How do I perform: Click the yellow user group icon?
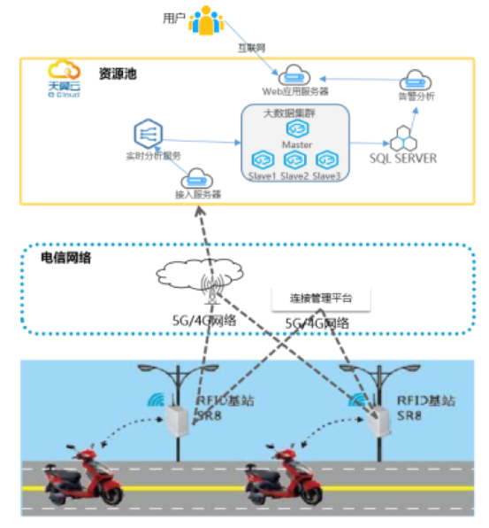coord(205,21)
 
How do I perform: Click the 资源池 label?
coord(118,74)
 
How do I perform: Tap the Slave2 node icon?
coord(294,159)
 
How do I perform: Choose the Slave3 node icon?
coord(326,159)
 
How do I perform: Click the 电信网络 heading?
coord(66,259)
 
